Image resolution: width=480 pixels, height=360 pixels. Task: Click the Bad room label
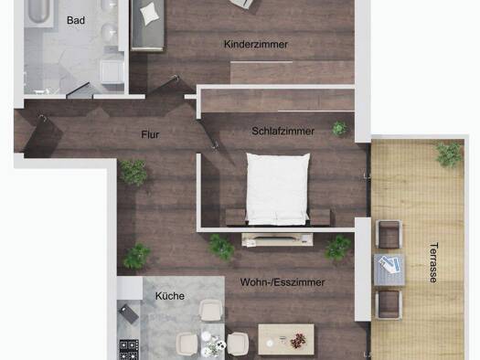click(x=76, y=20)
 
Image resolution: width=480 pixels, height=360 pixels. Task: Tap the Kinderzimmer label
click(x=256, y=44)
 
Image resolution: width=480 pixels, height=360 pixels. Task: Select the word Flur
click(x=150, y=134)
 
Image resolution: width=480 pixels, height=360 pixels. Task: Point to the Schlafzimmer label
click(x=283, y=132)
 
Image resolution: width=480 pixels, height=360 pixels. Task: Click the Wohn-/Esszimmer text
click(x=283, y=282)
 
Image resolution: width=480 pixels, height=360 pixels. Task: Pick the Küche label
click(x=170, y=296)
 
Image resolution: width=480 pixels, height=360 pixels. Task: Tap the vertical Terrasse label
click(x=433, y=262)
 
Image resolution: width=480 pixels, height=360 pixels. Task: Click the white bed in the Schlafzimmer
click(x=278, y=189)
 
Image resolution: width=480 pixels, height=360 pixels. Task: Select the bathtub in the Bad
click(x=39, y=11)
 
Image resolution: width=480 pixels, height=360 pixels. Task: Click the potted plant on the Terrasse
click(x=449, y=154)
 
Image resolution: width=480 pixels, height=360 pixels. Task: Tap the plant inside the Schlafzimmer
click(x=339, y=129)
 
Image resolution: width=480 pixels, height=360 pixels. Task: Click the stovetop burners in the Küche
click(x=129, y=349)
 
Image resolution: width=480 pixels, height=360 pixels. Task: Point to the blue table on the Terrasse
click(x=389, y=270)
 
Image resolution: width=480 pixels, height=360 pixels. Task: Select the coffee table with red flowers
click(x=286, y=339)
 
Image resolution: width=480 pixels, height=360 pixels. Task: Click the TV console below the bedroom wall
click(x=277, y=239)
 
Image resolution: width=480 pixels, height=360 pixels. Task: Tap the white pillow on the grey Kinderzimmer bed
click(x=150, y=14)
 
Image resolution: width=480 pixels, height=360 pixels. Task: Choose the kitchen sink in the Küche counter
click(x=129, y=313)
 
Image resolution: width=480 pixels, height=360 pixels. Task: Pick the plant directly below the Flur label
click(x=133, y=173)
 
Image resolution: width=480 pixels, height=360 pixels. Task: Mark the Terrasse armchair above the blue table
click(x=389, y=234)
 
